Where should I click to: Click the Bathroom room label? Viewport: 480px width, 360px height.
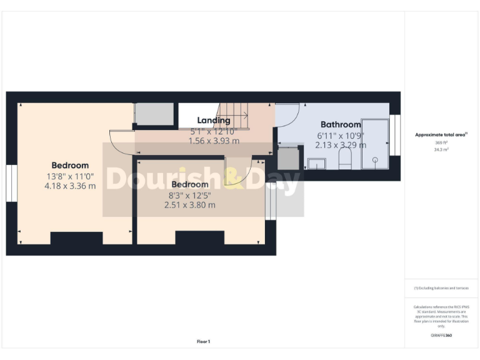(341, 124)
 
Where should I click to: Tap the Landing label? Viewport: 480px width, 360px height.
(214, 120)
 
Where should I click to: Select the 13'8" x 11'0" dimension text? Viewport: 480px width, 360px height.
(70, 176)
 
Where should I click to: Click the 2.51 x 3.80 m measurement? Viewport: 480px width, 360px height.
(189, 204)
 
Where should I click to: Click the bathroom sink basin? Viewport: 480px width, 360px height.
(317, 164)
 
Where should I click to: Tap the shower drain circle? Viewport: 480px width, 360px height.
(375, 160)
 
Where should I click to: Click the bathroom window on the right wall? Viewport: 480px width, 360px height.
(395, 135)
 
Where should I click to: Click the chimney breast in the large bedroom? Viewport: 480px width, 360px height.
(76, 238)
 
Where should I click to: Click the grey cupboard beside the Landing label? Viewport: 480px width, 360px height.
(154, 114)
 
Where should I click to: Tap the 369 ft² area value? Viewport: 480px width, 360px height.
(441, 143)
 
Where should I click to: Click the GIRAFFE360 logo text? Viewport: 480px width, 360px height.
(441, 336)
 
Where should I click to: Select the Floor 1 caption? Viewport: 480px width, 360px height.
(204, 341)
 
